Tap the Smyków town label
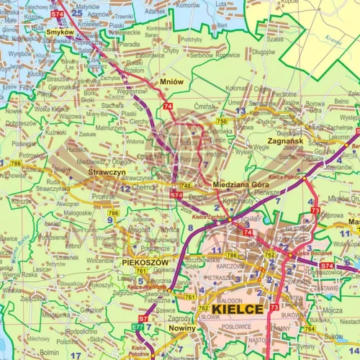point(59,32)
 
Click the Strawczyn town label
point(107,174)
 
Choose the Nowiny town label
point(181,328)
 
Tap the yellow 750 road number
point(222,122)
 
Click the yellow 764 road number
point(309,328)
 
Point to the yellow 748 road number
point(186,186)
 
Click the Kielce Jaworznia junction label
point(142,287)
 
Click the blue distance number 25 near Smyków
point(76,12)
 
